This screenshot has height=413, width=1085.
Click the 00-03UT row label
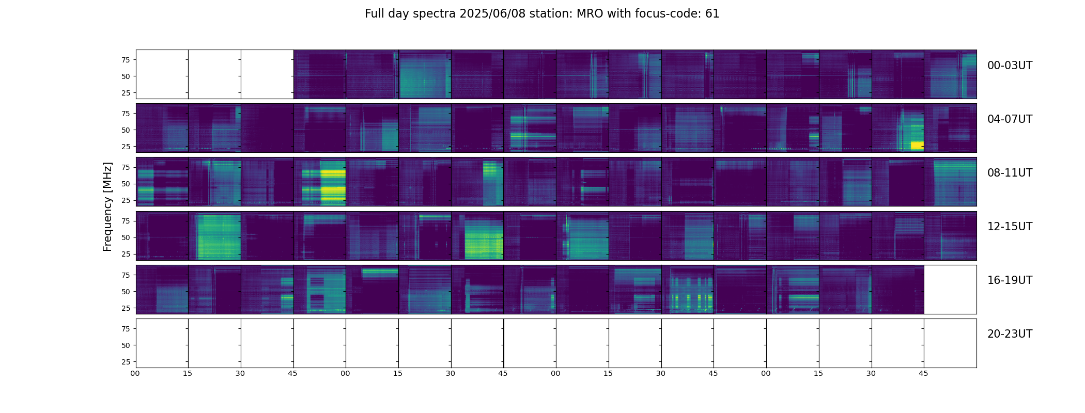pos(1010,66)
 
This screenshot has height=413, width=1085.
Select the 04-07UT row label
pos(1010,119)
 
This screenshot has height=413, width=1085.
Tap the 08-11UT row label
pos(1010,173)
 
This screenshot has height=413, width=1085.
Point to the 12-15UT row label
pos(1010,227)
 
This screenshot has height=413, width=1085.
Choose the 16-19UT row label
pos(1010,280)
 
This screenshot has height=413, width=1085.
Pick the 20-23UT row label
pos(1010,334)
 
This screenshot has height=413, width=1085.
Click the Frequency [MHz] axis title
pos(107,206)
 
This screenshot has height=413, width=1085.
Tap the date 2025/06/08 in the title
pos(485,14)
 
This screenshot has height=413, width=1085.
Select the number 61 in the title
pos(712,14)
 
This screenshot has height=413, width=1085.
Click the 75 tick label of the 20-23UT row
pos(125,329)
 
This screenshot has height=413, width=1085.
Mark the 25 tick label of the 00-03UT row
pos(125,93)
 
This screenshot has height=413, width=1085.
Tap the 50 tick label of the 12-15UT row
pos(125,237)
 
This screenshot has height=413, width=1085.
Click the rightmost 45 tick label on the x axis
pos(923,373)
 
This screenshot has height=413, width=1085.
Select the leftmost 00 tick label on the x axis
pos(135,373)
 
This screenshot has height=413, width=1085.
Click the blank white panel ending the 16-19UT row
pos(950,290)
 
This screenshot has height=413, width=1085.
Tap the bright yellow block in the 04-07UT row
pos(917,146)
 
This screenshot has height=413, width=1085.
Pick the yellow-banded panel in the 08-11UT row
pos(320,182)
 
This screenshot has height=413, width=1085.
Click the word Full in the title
pos(375,14)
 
